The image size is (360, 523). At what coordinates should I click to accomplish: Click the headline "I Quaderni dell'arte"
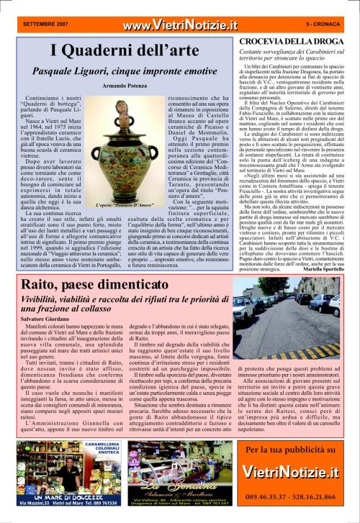pos(122,50)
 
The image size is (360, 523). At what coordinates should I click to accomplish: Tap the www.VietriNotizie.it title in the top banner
pos(180,25)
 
